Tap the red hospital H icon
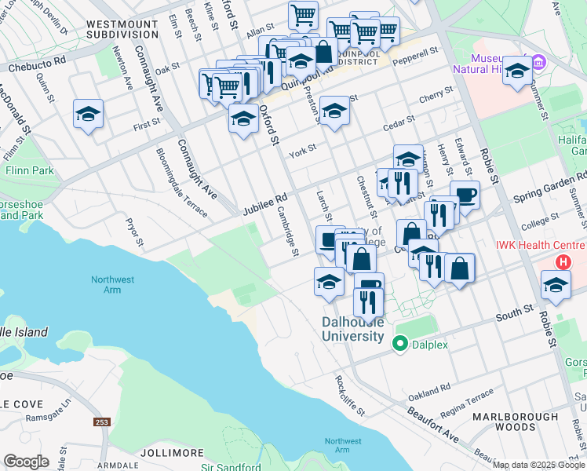point(562,263)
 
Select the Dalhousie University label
point(353,329)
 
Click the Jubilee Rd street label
point(265,206)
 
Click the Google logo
point(26,461)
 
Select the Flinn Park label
point(28,170)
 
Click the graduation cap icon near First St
point(89,115)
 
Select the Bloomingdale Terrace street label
point(181,183)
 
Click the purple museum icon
point(538,61)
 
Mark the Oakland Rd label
point(433,388)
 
